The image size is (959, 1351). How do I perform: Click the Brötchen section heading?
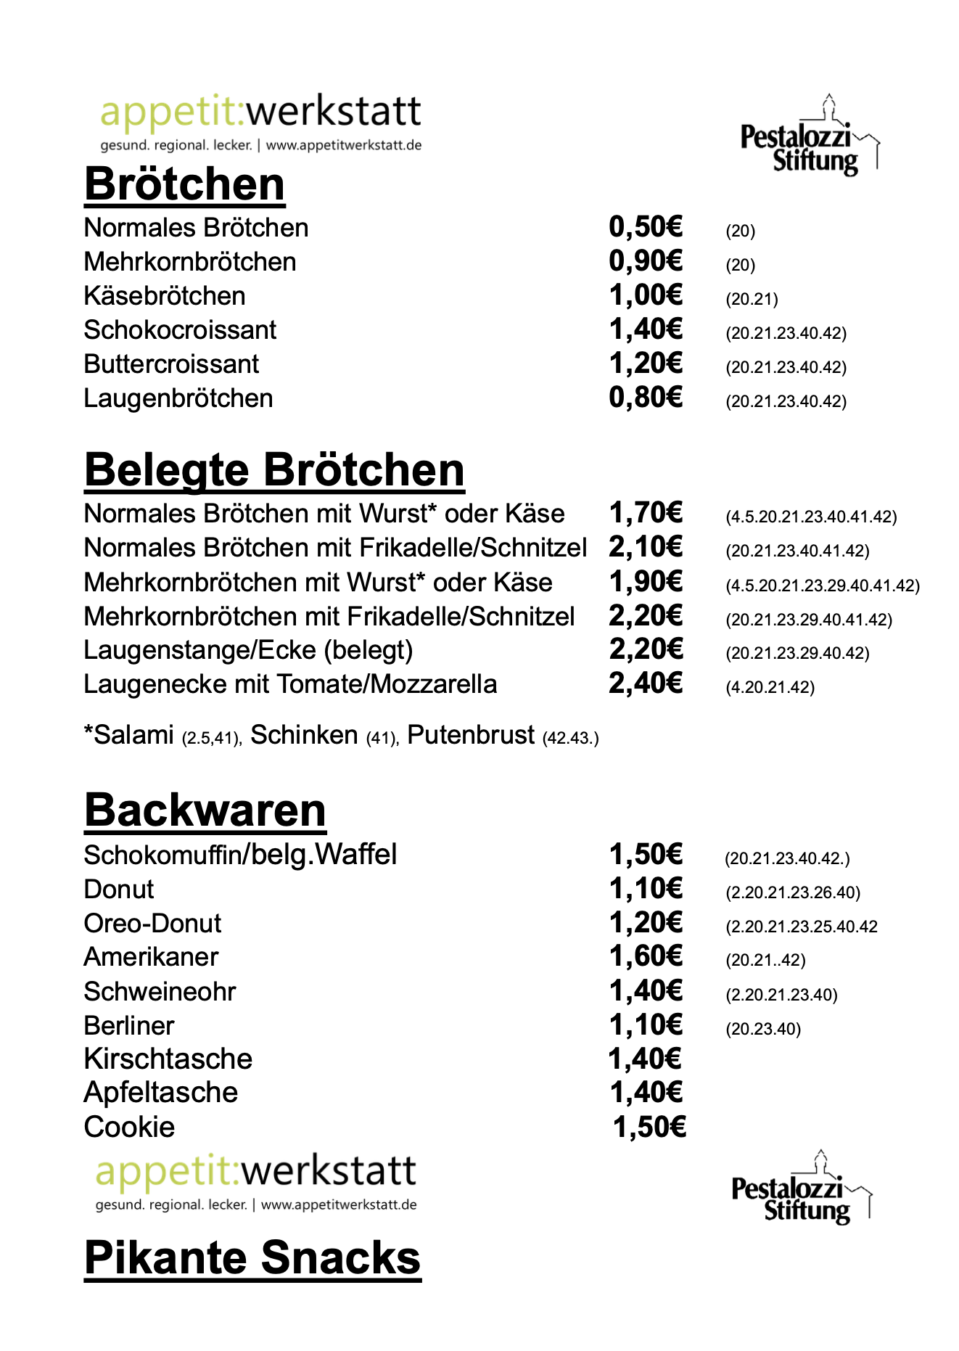(184, 184)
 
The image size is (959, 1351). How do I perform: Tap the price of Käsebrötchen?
(645, 295)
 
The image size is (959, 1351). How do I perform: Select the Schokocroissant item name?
(180, 330)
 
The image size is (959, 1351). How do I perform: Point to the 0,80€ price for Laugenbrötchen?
(645, 398)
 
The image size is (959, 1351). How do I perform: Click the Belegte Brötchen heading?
(274, 470)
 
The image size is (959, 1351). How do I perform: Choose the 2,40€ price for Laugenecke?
(645, 683)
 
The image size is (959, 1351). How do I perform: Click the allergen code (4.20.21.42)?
(770, 687)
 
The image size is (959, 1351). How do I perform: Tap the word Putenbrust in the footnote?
(471, 735)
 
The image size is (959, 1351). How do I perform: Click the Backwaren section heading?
(205, 810)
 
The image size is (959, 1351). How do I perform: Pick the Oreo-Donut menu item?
(152, 923)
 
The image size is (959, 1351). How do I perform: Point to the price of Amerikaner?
(645, 956)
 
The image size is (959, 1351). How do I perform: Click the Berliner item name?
(129, 1025)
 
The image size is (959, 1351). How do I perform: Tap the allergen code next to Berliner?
(763, 1029)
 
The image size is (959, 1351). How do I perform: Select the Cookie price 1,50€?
(649, 1127)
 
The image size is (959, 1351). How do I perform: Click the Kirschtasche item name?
(168, 1059)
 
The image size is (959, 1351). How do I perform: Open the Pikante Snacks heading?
(252, 1257)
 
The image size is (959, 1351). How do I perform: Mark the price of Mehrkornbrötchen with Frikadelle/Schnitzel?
(645, 616)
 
